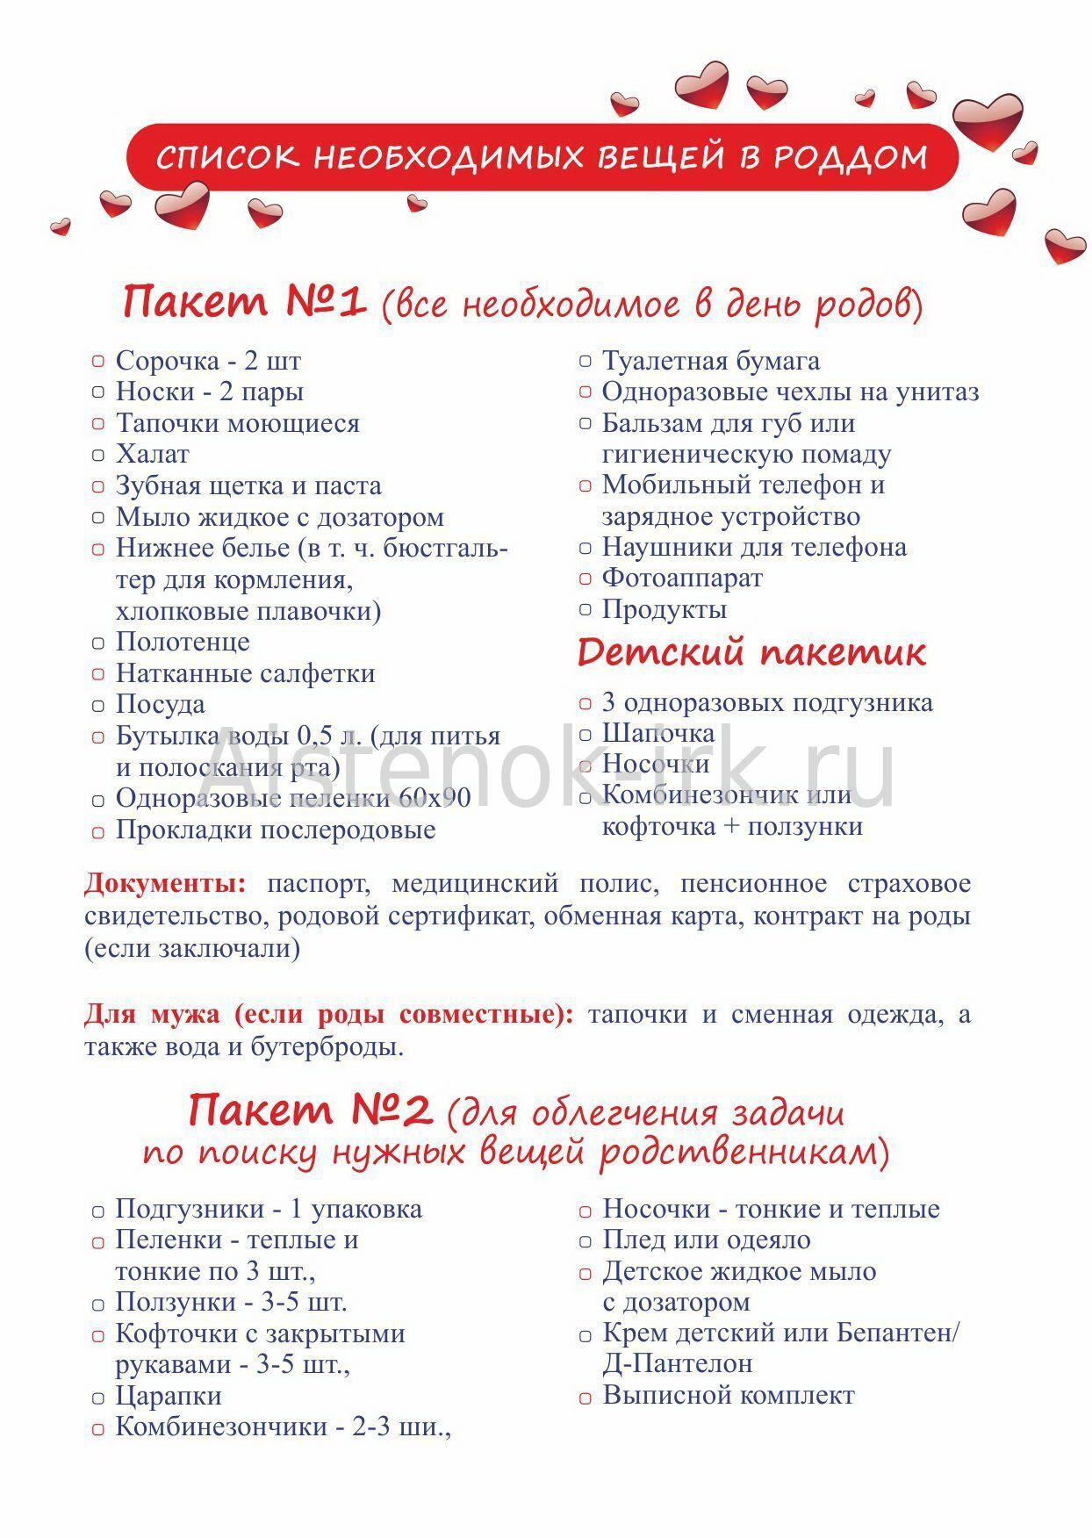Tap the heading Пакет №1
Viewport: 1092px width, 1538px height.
point(243,301)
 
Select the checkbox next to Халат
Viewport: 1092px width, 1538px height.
point(98,455)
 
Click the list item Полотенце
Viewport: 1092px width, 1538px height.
point(183,642)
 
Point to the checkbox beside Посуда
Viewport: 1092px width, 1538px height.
point(98,705)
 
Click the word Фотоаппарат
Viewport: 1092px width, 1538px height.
point(681,578)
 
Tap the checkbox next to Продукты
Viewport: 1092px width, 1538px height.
point(586,609)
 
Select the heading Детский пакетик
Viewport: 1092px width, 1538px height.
point(751,652)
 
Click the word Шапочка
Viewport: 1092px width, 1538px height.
point(657,733)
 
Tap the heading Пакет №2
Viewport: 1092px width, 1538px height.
point(309,1110)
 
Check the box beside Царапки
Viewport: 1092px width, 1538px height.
point(98,1398)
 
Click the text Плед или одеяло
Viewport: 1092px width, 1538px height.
point(706,1240)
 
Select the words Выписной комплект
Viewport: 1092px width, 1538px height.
point(728,1395)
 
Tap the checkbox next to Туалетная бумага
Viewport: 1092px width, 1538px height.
point(586,361)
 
